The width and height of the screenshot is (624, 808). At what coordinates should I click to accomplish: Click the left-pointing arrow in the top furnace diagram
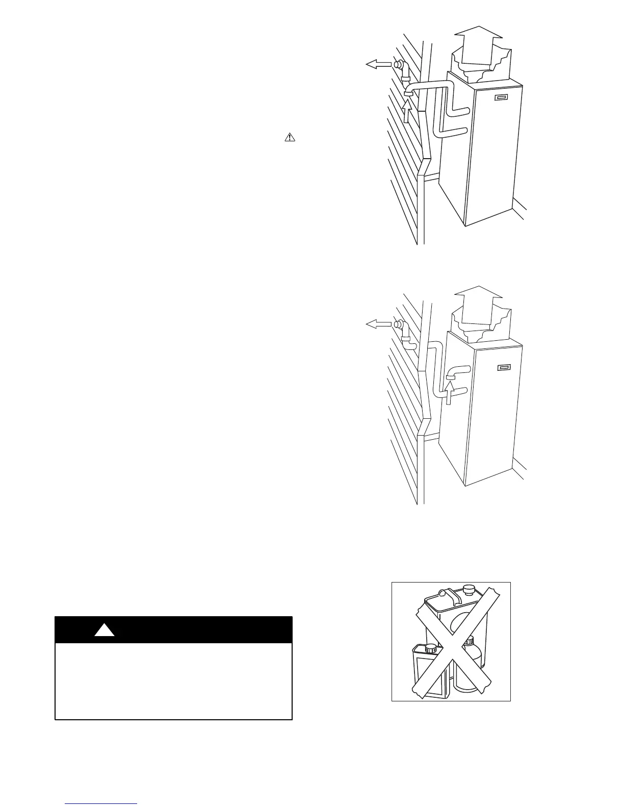(377, 64)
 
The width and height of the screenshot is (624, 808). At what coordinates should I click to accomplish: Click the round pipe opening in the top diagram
(397, 65)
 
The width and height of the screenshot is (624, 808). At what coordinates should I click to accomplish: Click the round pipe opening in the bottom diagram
(397, 324)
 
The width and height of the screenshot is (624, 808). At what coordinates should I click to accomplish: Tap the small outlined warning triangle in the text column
(289, 137)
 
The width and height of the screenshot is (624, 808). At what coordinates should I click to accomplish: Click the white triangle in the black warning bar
(105, 630)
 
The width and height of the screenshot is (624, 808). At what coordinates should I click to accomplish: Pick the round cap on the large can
(469, 591)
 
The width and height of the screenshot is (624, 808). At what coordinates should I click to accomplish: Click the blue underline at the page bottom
(101, 804)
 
